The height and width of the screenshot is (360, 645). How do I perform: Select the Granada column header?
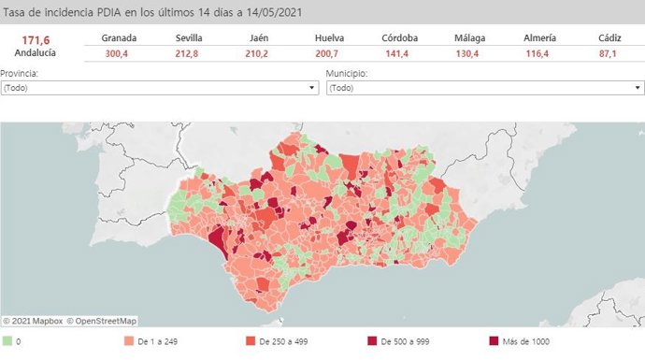[x=120, y=37]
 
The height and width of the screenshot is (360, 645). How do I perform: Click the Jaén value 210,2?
[x=260, y=54]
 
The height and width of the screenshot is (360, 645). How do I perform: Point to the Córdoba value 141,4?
[x=400, y=54]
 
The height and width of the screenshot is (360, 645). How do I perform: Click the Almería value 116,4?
[x=540, y=54]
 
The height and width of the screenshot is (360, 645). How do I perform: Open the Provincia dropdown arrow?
[x=312, y=88]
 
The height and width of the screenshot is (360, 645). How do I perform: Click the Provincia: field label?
[x=20, y=73]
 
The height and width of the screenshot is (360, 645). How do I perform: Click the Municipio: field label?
[x=346, y=73]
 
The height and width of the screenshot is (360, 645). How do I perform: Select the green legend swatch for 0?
[x=7, y=341]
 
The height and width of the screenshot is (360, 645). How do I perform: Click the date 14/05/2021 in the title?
[x=267, y=10]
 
